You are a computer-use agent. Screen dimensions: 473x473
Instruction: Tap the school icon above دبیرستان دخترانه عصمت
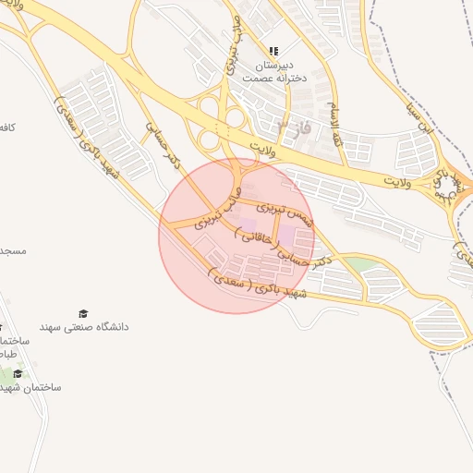coord(273,51)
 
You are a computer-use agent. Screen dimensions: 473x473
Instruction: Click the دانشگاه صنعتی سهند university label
coord(84,327)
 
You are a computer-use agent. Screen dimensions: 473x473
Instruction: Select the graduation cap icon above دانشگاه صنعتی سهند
coord(84,314)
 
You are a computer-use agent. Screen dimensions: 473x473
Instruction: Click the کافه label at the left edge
coord(7,125)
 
